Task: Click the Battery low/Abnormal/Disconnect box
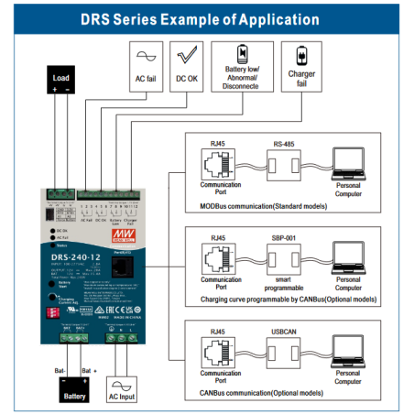click(x=241, y=66)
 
